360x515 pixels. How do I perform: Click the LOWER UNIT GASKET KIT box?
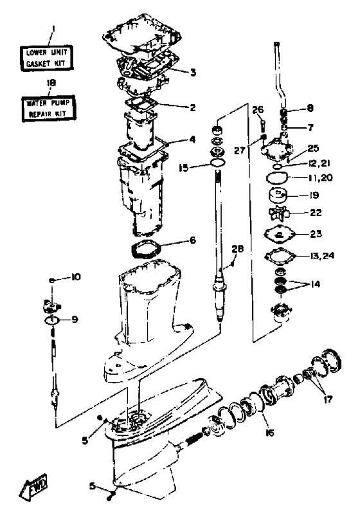[46, 58]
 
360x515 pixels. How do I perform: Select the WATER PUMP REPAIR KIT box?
[49, 109]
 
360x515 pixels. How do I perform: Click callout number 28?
[237, 249]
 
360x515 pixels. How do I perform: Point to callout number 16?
[269, 433]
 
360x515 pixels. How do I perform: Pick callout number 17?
[328, 399]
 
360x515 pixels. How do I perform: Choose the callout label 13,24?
[322, 255]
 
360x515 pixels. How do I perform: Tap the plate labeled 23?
[280, 235]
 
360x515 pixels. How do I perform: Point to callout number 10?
[76, 277]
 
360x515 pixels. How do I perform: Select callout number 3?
[193, 72]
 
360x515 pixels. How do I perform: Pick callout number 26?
[258, 109]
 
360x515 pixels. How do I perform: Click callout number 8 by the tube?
[310, 108]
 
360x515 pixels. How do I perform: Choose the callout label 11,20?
[321, 177]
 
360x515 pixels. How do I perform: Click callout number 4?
[192, 140]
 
